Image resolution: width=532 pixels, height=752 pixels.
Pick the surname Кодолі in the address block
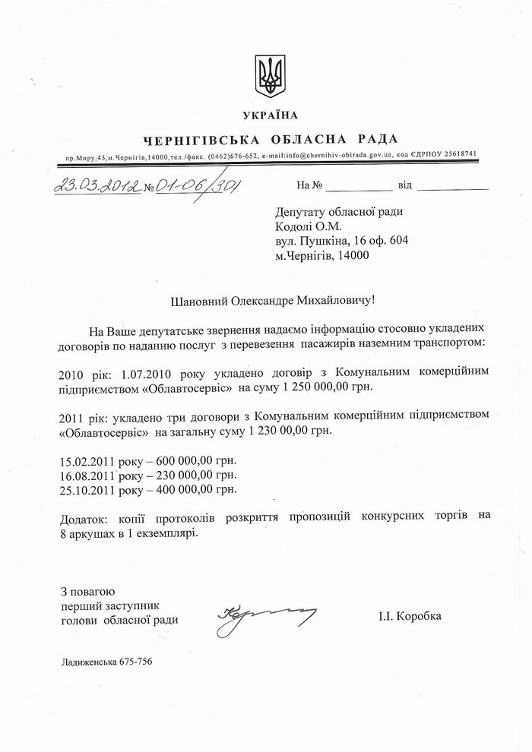[x=296, y=226]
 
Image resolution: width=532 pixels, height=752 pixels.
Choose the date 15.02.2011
[x=84, y=460]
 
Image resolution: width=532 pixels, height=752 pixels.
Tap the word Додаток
[x=81, y=517]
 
